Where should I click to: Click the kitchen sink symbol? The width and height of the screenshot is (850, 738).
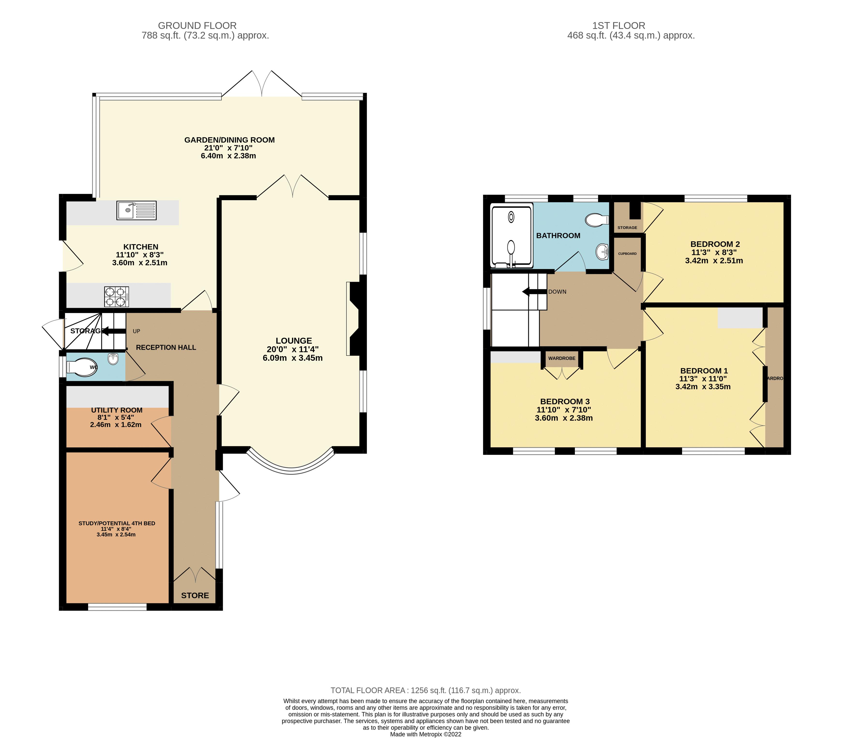click(136, 210)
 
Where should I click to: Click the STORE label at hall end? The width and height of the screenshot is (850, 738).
click(195, 595)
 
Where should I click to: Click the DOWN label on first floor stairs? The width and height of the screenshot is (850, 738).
click(557, 292)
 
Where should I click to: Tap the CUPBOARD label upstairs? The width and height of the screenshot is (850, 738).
click(627, 254)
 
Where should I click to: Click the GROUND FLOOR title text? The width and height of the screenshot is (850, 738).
click(197, 25)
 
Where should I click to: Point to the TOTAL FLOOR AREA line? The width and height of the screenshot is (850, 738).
click(426, 690)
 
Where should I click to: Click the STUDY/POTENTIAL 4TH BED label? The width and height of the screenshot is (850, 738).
click(117, 523)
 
